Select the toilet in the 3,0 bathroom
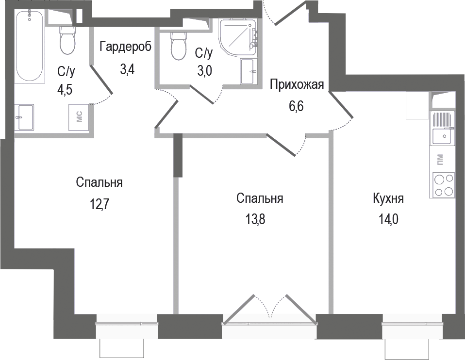point(179,45)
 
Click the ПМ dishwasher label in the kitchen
point(440,158)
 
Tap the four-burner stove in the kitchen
point(443,185)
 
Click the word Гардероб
point(126,47)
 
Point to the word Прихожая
point(296,85)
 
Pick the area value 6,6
point(296,106)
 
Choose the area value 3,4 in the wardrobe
point(127,68)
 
